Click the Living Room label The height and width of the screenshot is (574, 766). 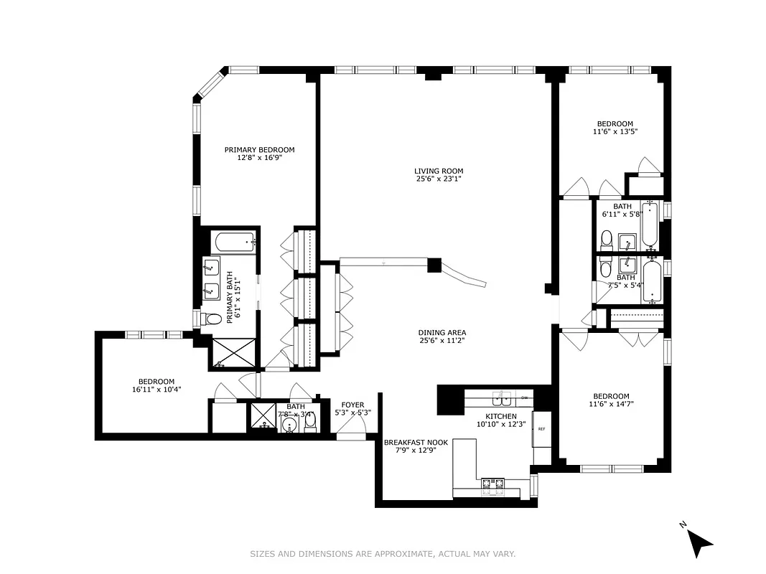pos(438,171)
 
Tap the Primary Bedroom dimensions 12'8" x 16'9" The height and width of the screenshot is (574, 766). pos(259,158)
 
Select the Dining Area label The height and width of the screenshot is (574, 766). pos(442,332)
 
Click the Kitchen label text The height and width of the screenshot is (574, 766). pos(500,416)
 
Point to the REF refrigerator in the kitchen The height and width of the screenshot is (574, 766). pos(541,428)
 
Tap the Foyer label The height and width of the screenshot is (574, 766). pos(352,405)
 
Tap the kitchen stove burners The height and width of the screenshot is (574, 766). pos(492,486)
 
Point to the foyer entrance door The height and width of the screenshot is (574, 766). pos(352,435)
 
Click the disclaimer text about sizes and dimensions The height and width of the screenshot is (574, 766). pos(383,554)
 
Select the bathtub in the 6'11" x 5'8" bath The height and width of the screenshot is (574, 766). pos(649,225)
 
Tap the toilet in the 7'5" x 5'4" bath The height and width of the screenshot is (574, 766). pos(605,269)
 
